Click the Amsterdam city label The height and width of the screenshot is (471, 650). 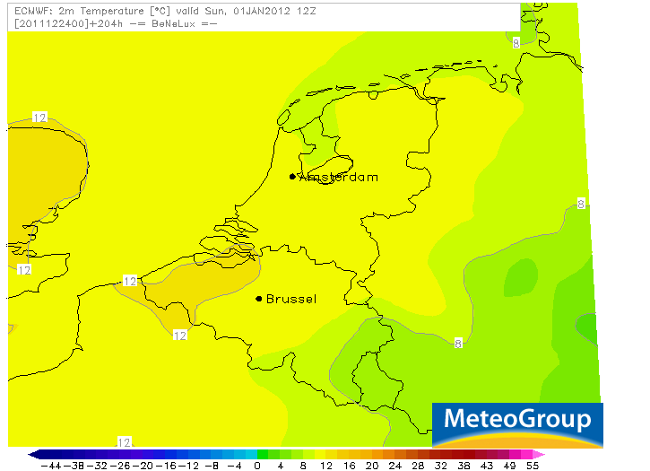pyautogui.click(x=339, y=177)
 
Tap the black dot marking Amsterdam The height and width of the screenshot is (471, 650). pyautogui.click(x=292, y=177)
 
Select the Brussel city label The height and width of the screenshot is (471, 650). pyautogui.click(x=291, y=299)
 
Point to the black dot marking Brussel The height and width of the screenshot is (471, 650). pyautogui.click(x=259, y=299)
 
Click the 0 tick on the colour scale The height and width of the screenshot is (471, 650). pyautogui.click(x=257, y=466)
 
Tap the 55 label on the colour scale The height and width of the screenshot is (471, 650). pyautogui.click(x=533, y=466)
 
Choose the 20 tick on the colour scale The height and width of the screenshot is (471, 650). pyautogui.click(x=350, y=466)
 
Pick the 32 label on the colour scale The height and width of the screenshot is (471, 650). pyautogui.click(x=441, y=466)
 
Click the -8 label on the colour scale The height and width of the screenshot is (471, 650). pyautogui.click(x=212, y=466)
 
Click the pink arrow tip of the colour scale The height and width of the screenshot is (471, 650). pyautogui.click(x=540, y=454)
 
